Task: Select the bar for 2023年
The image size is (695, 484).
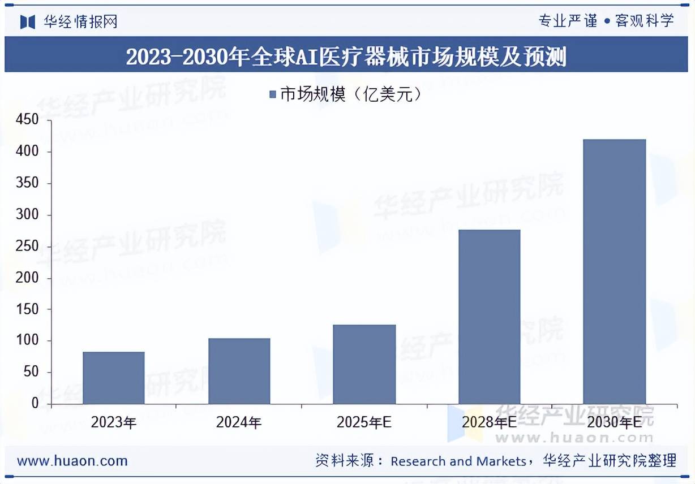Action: coord(114,378)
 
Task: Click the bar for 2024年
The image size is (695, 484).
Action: coord(239,371)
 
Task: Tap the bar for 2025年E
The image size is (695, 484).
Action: coord(364,364)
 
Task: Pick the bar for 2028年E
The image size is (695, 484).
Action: coord(490,317)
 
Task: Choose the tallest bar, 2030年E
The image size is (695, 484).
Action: coord(615,271)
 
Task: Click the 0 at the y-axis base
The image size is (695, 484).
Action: coord(35,404)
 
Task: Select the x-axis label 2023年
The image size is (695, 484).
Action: coord(114,422)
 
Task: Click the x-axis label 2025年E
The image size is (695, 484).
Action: coord(364,422)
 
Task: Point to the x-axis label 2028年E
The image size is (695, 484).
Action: coord(489,422)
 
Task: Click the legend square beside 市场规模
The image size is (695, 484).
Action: coord(272,95)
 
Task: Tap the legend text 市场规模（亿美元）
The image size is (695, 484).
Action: coord(351,95)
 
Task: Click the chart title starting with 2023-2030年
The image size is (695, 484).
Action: coord(346,57)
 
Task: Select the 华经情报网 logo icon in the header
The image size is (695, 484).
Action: coord(28,21)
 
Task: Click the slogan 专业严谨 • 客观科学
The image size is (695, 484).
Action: coord(606,21)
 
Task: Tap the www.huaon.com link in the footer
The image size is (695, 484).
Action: coord(72,461)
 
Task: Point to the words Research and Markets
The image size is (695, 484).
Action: coord(458,461)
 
